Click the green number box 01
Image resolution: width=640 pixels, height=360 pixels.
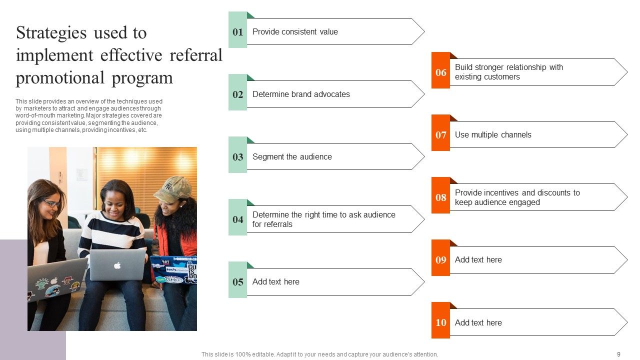[238, 32]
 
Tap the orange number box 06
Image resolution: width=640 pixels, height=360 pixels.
[440, 72]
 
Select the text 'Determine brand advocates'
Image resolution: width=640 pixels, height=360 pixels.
[301, 94]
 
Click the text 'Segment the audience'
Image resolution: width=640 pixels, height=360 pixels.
[292, 156]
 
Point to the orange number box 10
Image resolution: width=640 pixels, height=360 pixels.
[440, 322]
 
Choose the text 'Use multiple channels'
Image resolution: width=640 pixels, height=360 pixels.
[493, 134]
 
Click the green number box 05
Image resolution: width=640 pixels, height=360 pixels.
[238, 282]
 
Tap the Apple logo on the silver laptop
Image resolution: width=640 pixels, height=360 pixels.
[117, 265]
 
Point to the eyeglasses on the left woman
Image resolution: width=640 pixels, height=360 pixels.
[51, 203]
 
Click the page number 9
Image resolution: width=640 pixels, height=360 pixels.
[618, 354]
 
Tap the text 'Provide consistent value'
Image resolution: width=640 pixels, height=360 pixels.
[295, 31]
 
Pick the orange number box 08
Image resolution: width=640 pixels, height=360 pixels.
[440, 197]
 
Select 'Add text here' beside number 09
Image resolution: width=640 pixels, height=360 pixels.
[478, 259]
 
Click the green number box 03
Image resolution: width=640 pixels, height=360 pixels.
[238, 157]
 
